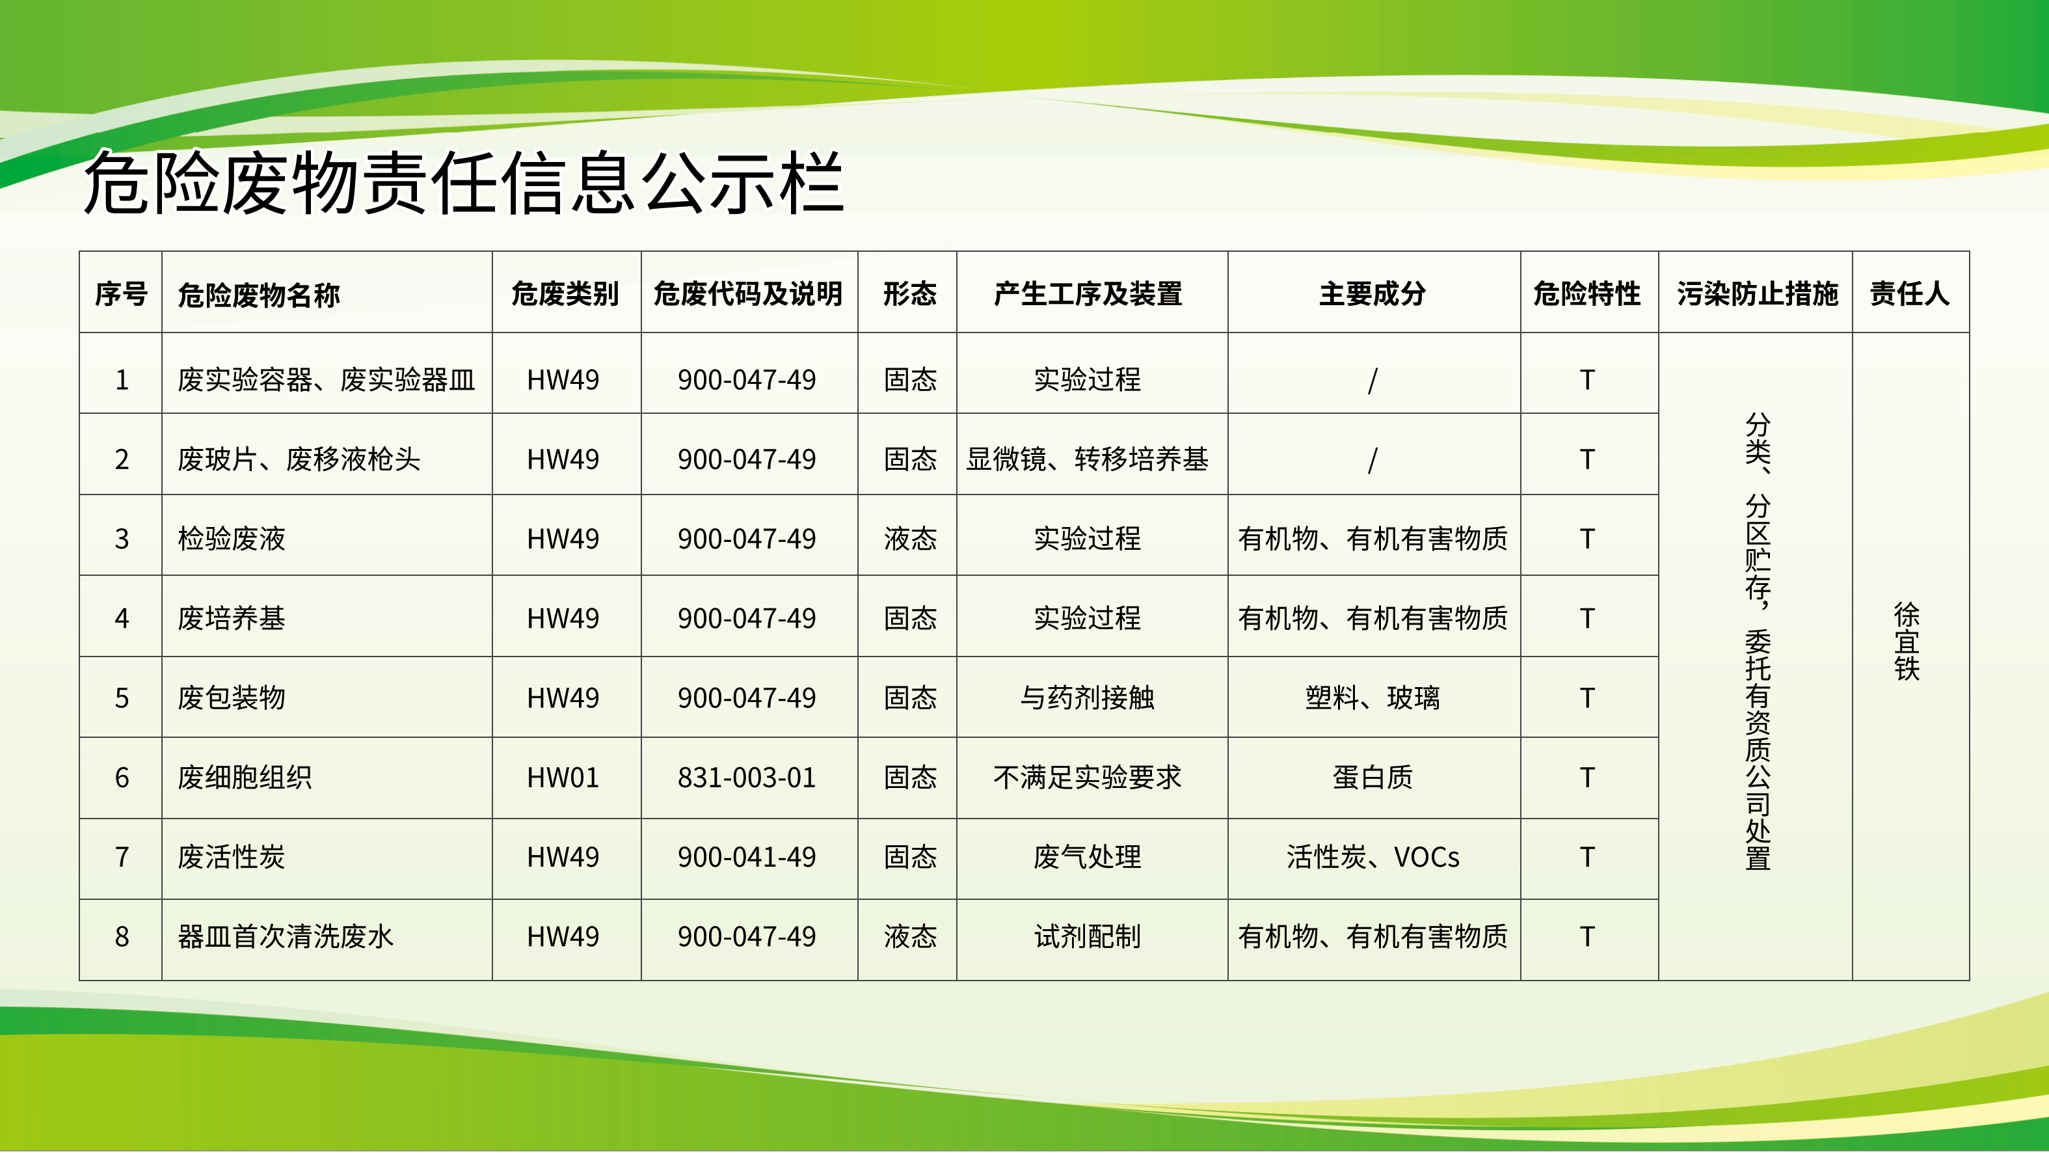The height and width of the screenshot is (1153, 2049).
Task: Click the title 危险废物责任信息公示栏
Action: pos(463,183)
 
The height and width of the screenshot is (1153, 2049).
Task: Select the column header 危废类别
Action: pos(565,293)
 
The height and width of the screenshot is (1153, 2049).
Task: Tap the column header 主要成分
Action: pos(1373,293)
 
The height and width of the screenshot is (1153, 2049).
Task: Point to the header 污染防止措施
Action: pos(1758,293)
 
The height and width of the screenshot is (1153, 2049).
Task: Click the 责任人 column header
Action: pos(1910,293)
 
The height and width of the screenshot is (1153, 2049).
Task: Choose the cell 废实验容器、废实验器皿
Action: pos(326,379)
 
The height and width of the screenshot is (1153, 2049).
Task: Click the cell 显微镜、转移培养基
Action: pos(1088,459)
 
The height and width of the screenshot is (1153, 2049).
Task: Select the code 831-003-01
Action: pos(747,778)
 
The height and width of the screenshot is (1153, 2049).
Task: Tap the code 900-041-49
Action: pos(747,857)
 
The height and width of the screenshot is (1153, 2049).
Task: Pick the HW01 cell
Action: pos(563,778)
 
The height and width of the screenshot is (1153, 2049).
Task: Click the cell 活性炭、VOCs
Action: pos(1373,857)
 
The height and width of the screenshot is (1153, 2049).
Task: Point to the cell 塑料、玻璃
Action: pos(1373,698)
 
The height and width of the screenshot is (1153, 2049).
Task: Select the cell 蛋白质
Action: pos(1373,778)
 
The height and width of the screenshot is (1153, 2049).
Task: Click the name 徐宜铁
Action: pos(1907,642)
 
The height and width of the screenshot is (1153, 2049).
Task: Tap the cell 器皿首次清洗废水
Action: pos(286,936)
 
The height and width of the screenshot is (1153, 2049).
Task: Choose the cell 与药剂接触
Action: pos(1088,698)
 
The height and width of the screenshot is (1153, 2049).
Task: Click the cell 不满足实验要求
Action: pos(1088,778)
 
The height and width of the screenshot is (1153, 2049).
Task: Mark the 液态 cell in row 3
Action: pos(910,539)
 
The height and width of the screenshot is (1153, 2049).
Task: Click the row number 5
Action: pos(122,698)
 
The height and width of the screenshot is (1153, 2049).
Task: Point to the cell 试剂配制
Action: pos(1088,936)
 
